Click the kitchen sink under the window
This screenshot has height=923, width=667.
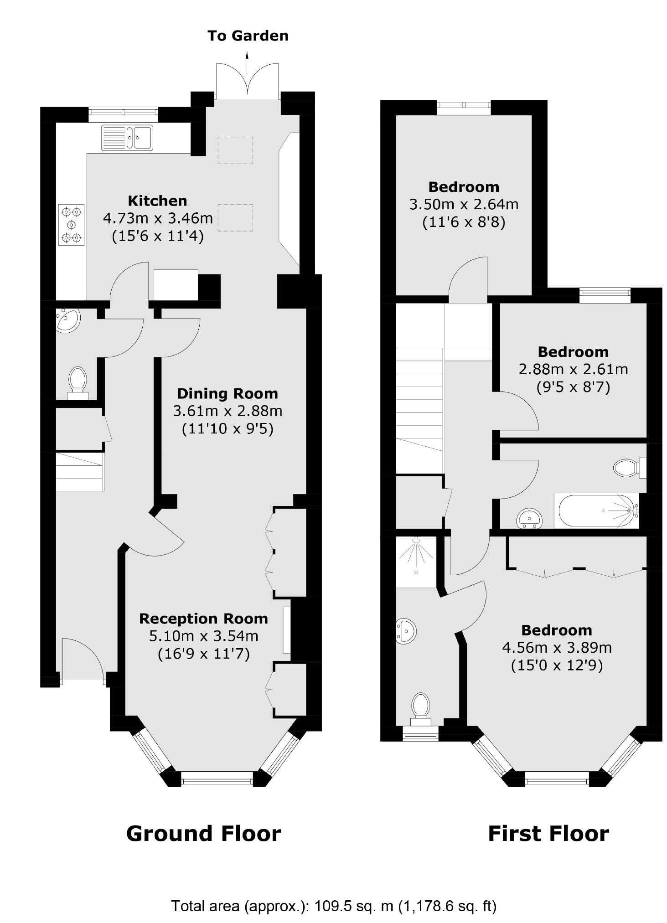pyautogui.click(x=127, y=137)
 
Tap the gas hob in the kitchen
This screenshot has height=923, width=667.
pyautogui.click(x=72, y=225)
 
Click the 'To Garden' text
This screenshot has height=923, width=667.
pyautogui.click(x=248, y=36)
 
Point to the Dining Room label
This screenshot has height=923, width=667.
pyautogui.click(x=227, y=393)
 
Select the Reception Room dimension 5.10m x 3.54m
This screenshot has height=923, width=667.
pyautogui.click(x=203, y=635)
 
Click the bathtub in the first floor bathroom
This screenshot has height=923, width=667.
pyautogui.click(x=596, y=510)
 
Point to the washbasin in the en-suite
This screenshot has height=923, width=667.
pyautogui.click(x=405, y=631)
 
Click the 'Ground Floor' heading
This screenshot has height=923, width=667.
pyautogui.click(x=203, y=834)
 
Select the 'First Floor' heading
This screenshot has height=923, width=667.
pyautogui.click(x=548, y=834)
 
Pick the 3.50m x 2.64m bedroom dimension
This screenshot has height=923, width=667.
pyautogui.click(x=464, y=204)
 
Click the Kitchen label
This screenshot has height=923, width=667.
pyautogui.click(x=157, y=201)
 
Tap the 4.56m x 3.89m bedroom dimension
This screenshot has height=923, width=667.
pyautogui.click(x=556, y=647)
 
